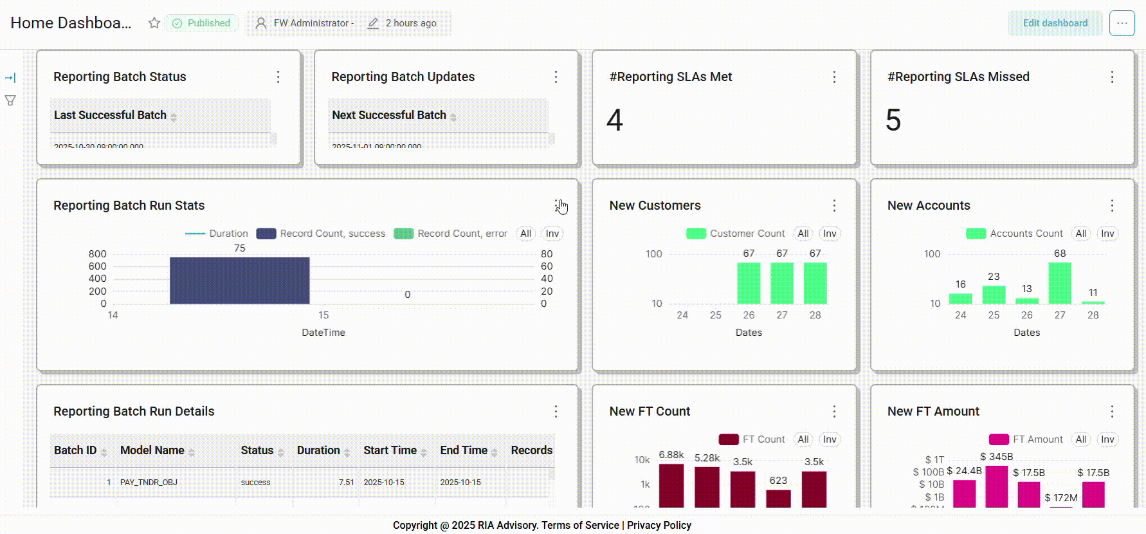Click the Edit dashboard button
pyautogui.click(x=1055, y=23)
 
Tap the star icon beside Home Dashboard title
pyautogui.click(x=154, y=23)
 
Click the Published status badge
pyautogui.click(x=202, y=23)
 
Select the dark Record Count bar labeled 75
pyautogui.click(x=239, y=281)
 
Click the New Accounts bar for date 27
pyautogui.click(x=1060, y=283)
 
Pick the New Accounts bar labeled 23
pyautogui.click(x=994, y=295)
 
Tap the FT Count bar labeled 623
pyautogui.click(x=778, y=499)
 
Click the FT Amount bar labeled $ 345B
pyautogui.click(x=996, y=486)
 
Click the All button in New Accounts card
pyautogui.click(x=1081, y=234)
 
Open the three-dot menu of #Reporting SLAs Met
pyautogui.click(x=834, y=77)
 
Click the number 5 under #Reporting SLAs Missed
pyautogui.click(x=893, y=120)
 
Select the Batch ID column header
pyautogui.click(x=75, y=450)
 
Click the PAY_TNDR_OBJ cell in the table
pyautogui.click(x=149, y=483)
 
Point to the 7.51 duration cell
pyautogui.click(x=346, y=483)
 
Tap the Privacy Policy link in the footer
pyautogui.click(x=659, y=525)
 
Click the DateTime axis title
pyautogui.click(x=323, y=333)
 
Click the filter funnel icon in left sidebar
pyautogui.click(x=10, y=100)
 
